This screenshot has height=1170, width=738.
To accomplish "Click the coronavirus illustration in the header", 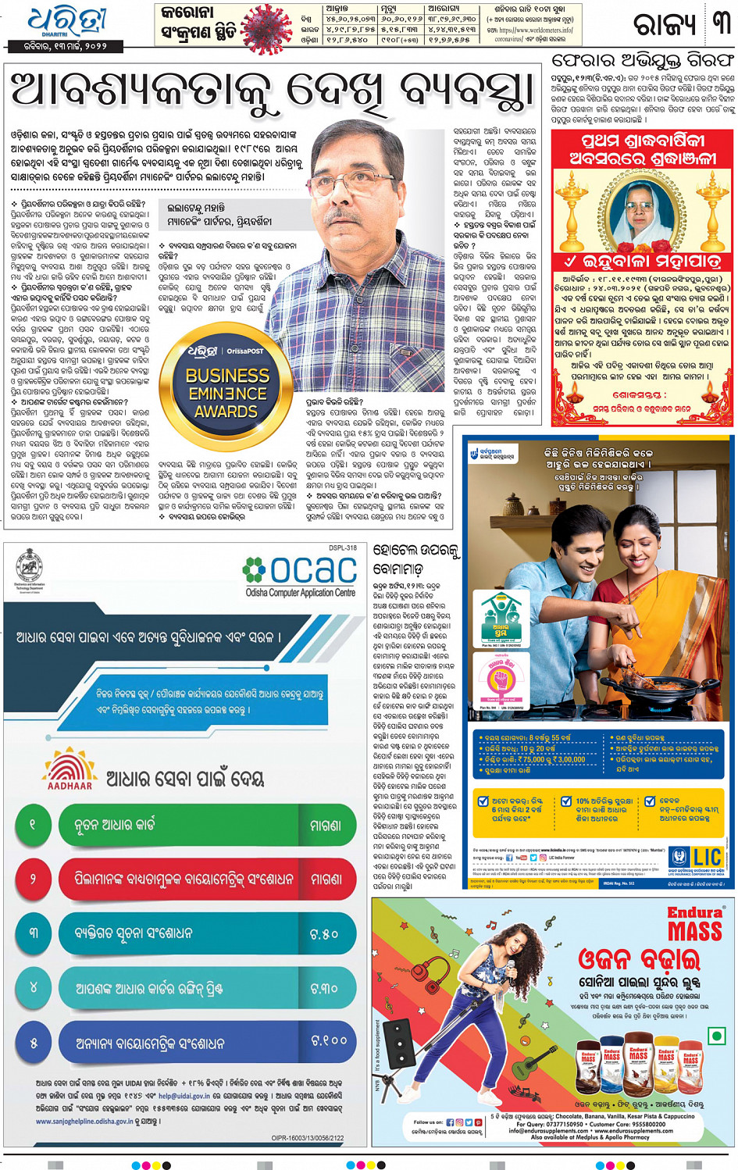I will pos(267,28).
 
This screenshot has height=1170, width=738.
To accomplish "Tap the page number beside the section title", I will pos(720,23).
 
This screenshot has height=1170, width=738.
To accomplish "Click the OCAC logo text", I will pos(301,572).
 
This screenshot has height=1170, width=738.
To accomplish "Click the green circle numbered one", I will pos(33,824).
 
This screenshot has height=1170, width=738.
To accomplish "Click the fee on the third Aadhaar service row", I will pos(323,933).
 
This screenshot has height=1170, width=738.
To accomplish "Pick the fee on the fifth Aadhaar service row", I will pos(328,1040).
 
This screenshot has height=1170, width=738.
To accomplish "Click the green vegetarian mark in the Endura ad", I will pos(715,1036).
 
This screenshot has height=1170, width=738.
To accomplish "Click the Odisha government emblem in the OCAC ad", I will pos(30,569).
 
